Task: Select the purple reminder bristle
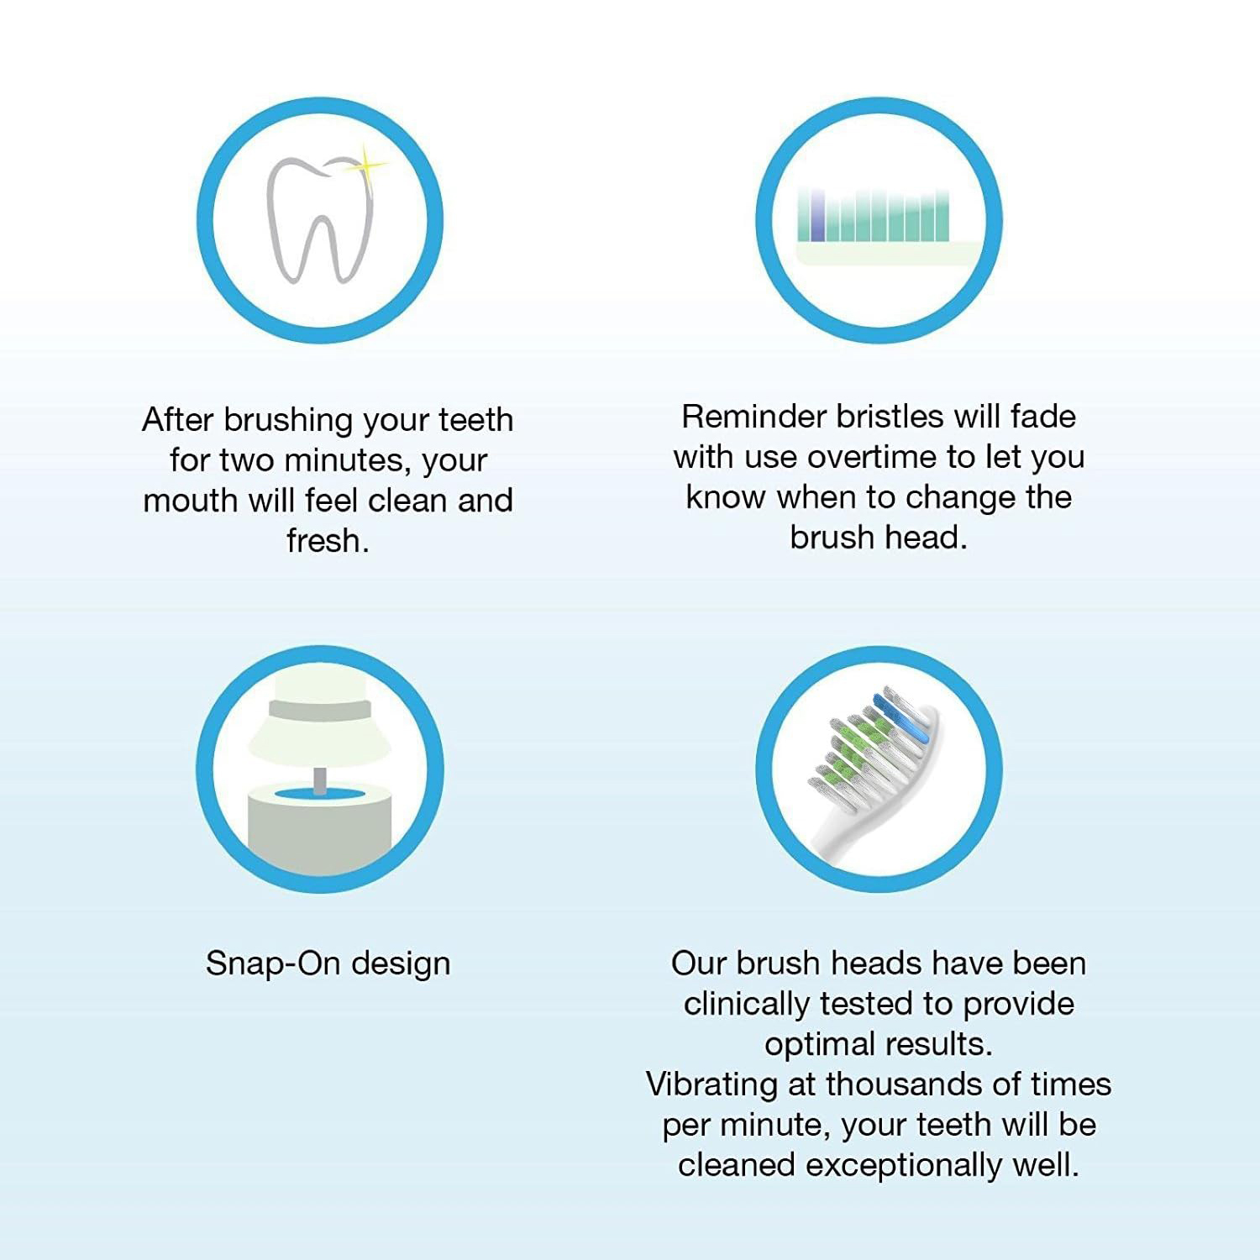[816, 217]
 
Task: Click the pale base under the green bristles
[882, 253]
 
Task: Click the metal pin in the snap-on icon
[320, 780]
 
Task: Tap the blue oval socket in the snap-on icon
[320, 795]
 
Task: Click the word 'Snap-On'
[271, 963]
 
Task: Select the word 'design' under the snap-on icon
[401, 964]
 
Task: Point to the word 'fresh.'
[328, 540]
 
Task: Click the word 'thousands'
[901, 1084]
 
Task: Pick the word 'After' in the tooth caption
[177, 419]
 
